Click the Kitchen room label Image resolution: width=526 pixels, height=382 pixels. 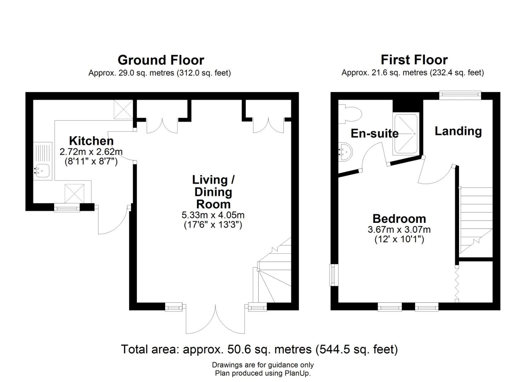point(91,141)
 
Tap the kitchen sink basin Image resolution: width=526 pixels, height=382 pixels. point(42,170)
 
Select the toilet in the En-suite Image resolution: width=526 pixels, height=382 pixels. point(350,114)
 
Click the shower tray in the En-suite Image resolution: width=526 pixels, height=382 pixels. point(406,134)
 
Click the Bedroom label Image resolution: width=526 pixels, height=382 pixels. point(399,219)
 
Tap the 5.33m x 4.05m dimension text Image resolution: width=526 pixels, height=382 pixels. point(213,215)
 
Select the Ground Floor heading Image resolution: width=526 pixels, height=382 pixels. point(161,60)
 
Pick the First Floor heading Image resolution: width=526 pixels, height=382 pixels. point(414,60)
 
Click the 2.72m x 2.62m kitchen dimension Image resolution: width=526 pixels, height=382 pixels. point(91,152)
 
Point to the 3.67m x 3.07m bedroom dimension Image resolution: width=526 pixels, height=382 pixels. point(399,229)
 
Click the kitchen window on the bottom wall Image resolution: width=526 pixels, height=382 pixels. point(67,208)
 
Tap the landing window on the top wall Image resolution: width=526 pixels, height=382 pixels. point(460,94)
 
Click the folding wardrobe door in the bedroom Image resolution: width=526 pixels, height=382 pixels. point(457,284)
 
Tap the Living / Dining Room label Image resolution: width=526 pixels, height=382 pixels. point(213,192)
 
